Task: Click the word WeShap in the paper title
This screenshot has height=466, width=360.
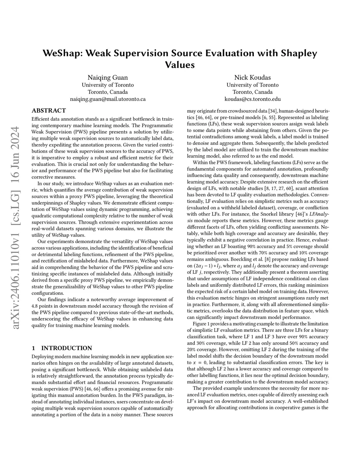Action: (62, 53)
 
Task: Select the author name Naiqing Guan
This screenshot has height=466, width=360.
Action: (108, 77)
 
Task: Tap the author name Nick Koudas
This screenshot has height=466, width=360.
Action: (252, 77)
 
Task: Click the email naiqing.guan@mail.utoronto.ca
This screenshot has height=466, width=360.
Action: (108, 99)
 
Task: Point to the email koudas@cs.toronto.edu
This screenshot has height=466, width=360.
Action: (252, 99)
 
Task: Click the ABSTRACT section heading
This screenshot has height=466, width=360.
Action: (49, 110)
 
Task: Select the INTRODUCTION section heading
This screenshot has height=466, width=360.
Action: (66, 348)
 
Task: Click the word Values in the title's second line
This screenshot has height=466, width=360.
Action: (180, 65)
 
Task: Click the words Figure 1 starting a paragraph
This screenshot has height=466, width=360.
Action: (203, 324)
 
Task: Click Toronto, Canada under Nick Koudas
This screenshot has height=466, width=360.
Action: (252, 92)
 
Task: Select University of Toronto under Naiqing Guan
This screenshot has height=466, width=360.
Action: (108, 85)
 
